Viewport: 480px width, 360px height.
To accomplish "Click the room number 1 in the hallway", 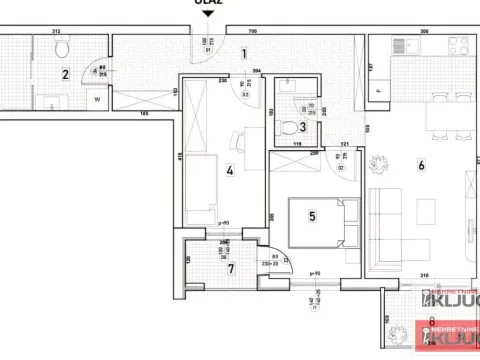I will (x=244, y=56).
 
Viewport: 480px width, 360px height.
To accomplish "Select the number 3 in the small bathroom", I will (x=302, y=127).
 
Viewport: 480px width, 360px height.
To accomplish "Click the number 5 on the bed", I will (x=312, y=214).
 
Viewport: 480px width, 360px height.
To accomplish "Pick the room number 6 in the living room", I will (x=421, y=166).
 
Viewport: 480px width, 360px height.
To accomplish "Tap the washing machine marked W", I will (x=98, y=99).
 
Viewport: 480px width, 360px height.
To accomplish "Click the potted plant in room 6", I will (x=381, y=166).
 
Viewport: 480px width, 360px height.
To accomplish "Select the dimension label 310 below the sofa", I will (x=423, y=275).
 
